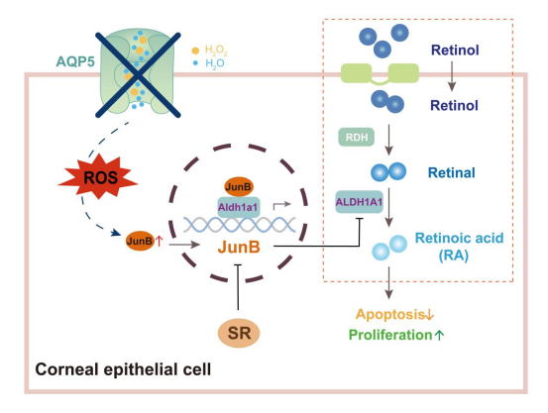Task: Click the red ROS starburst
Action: click(x=98, y=177)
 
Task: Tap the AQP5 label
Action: click(x=75, y=61)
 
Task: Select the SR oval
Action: click(x=239, y=333)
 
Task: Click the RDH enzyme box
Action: click(x=357, y=137)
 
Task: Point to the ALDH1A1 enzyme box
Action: click(x=360, y=202)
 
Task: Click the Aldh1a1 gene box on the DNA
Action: click(x=239, y=207)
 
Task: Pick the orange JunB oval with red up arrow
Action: click(x=140, y=241)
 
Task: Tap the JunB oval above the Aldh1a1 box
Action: click(x=239, y=187)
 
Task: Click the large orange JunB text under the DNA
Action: click(x=239, y=247)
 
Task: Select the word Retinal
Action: click(x=452, y=172)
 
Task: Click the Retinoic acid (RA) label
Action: click(x=459, y=247)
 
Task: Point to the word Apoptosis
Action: click(x=390, y=314)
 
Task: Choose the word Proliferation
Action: click(x=390, y=335)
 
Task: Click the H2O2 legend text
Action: click(x=216, y=51)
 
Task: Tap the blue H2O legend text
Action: click(x=215, y=63)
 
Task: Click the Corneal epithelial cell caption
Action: click(x=123, y=369)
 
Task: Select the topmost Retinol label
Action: click(x=455, y=50)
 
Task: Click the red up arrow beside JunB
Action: click(x=159, y=241)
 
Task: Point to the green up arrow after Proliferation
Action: click(x=439, y=335)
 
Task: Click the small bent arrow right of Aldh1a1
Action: click(x=280, y=205)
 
